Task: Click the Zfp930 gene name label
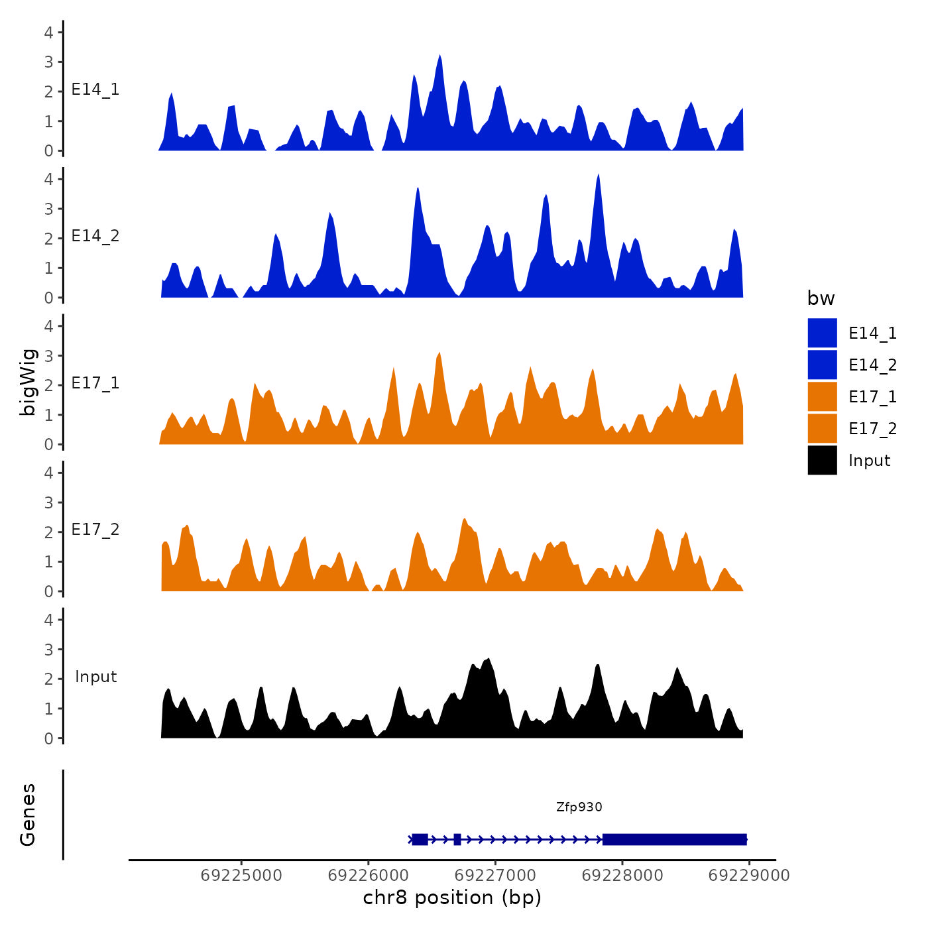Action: pyautogui.click(x=579, y=807)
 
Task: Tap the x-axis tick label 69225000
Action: pyautogui.click(x=241, y=876)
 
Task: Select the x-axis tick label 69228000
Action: pyautogui.click(x=622, y=876)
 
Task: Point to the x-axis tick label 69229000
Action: pyautogui.click(x=749, y=876)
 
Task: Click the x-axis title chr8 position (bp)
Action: pyautogui.click(x=452, y=898)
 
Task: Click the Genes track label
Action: pyautogui.click(x=28, y=815)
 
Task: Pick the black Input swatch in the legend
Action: pyautogui.click(x=822, y=461)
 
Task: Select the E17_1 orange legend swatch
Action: pyautogui.click(x=822, y=397)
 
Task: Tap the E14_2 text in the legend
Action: pyautogui.click(x=872, y=365)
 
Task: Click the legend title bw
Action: pyautogui.click(x=821, y=299)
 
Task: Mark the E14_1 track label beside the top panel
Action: pyautogui.click(x=95, y=90)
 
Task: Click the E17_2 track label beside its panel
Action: pyautogui.click(x=95, y=530)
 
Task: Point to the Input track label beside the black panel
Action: pyautogui.click(x=95, y=677)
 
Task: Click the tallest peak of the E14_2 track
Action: pyautogui.click(x=599, y=176)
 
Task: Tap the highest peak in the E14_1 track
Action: pyautogui.click(x=439, y=56)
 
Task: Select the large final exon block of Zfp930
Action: pyautogui.click(x=674, y=840)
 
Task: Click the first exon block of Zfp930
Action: pyautogui.click(x=420, y=840)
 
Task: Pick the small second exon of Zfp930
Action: pyautogui.click(x=457, y=840)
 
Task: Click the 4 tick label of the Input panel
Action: pyautogui.click(x=48, y=620)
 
